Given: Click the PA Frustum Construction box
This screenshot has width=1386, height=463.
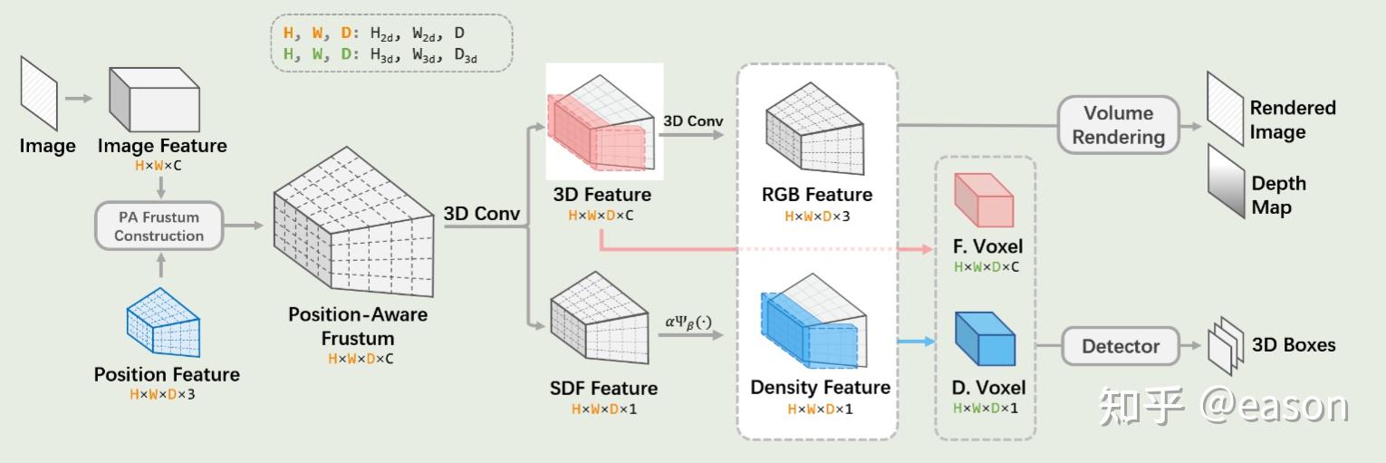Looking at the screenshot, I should click(159, 227).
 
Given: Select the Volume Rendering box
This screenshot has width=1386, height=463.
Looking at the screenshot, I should click(1119, 125).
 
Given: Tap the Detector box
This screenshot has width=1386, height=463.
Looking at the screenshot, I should click(1120, 346).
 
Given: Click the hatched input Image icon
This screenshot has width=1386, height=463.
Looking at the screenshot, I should click(40, 94).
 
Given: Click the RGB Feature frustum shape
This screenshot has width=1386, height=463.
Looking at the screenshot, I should click(817, 128).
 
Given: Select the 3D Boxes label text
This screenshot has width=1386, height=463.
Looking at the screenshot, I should click(1293, 345).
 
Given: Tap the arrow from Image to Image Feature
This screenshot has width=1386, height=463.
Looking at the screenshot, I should click(79, 96).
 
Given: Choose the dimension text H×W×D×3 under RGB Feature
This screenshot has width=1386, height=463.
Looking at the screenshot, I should click(818, 217).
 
